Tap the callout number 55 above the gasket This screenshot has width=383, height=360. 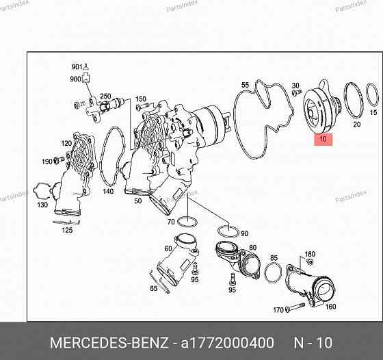point(245,86)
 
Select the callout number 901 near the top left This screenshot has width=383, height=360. point(76,66)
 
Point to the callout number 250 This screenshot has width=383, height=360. point(105,97)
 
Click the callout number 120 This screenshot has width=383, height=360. point(66,144)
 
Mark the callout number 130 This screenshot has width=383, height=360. point(43,205)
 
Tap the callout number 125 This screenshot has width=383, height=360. point(67,231)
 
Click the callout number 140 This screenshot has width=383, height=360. point(108,192)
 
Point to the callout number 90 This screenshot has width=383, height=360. point(244,233)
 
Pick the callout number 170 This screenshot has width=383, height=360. point(278,310)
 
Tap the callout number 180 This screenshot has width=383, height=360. point(310,254)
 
